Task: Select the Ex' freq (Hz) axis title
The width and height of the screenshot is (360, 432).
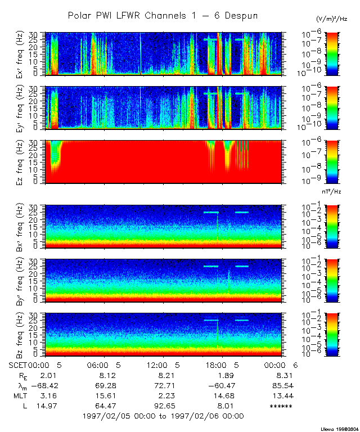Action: click(x=25, y=54)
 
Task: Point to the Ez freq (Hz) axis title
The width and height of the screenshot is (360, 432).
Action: click(x=25, y=162)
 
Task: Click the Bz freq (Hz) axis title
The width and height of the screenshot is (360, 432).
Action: click(x=25, y=335)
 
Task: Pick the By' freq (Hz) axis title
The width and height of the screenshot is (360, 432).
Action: click(x=25, y=281)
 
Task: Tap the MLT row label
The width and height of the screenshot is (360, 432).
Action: click(x=17, y=395)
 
